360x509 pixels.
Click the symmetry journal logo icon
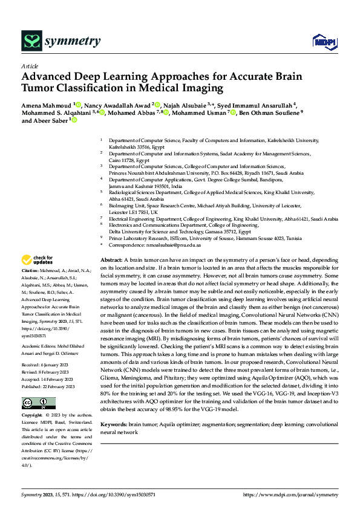coord(32,41)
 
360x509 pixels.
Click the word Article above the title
coord(30,66)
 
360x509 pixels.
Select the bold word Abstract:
coord(112,258)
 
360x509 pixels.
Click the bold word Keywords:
coord(114,426)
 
